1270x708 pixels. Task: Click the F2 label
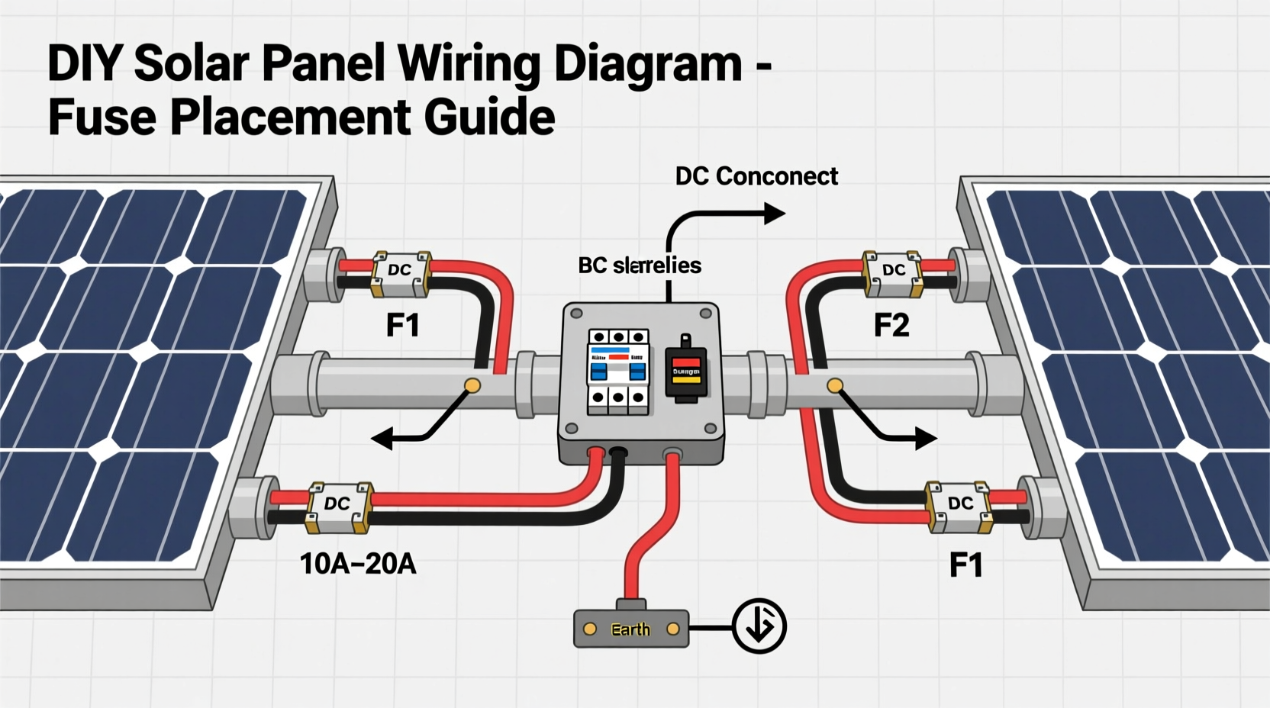coord(891,326)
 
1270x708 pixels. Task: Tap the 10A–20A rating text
coord(357,564)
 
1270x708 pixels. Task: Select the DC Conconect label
coord(756,176)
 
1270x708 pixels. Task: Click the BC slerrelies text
coord(639,265)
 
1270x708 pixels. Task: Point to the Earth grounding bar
coord(630,629)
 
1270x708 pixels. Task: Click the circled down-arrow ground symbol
coord(759,626)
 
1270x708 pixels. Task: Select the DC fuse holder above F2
coord(892,272)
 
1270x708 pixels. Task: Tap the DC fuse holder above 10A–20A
coord(338,506)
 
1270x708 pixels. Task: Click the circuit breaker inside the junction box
coord(617,372)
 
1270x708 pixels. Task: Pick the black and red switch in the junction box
coord(685,371)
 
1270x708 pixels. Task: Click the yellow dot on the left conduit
coord(472,385)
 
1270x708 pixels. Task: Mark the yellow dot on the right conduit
coord(835,385)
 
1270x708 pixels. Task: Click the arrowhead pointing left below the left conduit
coord(381,439)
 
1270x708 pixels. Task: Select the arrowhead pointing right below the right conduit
coord(927,438)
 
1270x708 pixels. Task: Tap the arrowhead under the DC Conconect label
coord(775,214)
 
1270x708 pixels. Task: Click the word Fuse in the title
coord(102,117)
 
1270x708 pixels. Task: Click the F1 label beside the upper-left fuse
coord(402,326)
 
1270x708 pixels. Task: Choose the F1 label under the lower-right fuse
coord(965,565)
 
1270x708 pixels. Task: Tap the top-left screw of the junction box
coord(576,313)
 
